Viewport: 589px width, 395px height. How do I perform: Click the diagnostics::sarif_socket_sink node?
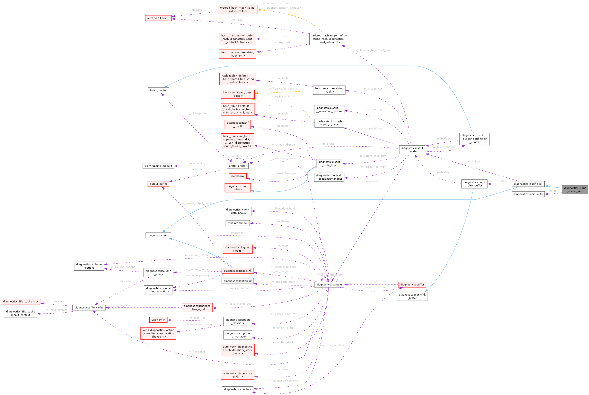pos(575,189)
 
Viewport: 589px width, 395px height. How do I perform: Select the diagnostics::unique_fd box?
pos(528,194)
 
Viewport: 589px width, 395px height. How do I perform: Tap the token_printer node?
pos(158,90)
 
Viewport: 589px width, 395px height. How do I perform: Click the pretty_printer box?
pos(237,166)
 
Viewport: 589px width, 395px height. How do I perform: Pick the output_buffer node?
pos(158,184)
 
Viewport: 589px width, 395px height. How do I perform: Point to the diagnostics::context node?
pos(329,285)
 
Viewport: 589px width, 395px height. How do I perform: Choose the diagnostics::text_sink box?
pos(237,271)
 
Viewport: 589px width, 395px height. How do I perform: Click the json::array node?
pos(237,176)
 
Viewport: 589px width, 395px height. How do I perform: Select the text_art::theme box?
pos(237,223)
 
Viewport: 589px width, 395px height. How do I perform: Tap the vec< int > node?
pos(158,320)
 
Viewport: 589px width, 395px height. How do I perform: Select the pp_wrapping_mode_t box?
pos(158,166)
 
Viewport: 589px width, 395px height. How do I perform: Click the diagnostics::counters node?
pos(237,389)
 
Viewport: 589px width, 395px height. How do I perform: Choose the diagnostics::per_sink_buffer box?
pos(412,296)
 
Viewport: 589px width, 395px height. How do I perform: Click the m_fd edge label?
pos(553,191)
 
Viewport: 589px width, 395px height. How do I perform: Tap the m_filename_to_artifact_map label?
pos(373,50)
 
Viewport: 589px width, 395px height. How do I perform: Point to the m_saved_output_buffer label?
pos(197,203)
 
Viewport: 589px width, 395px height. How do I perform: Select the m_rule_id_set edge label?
pos(373,89)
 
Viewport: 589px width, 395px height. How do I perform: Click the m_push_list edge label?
pos(197,318)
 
